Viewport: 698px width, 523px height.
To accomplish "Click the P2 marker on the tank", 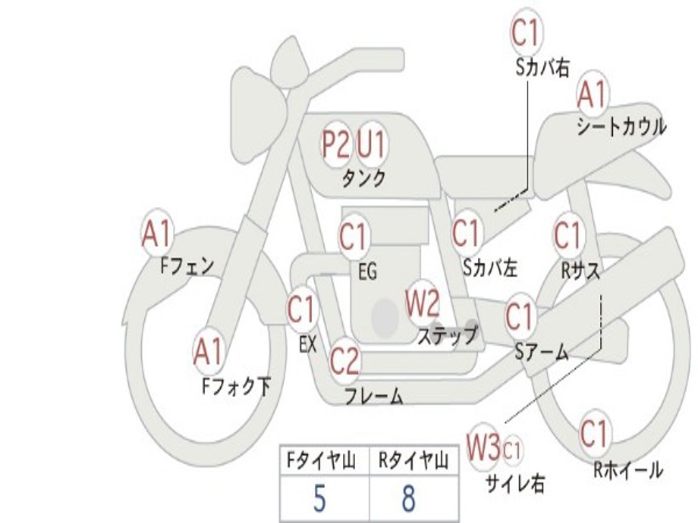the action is click(335, 144).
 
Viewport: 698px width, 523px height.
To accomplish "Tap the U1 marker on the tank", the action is click(371, 144).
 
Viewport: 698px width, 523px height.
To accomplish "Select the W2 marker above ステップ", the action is click(422, 302).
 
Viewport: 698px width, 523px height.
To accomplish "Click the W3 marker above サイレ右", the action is click(483, 446).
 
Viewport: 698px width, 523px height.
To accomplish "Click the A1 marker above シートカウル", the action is click(592, 94).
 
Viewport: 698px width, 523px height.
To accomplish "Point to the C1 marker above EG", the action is click(353, 236).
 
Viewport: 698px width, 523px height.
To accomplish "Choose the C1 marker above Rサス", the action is click(568, 235).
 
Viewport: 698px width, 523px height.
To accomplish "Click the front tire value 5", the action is click(320, 498).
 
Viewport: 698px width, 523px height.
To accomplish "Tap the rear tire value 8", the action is click(408, 498).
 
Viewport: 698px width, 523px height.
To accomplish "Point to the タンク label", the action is click(364, 178).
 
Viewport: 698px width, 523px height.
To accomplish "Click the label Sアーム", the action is click(542, 352).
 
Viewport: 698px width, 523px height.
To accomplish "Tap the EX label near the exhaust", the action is click(307, 344).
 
